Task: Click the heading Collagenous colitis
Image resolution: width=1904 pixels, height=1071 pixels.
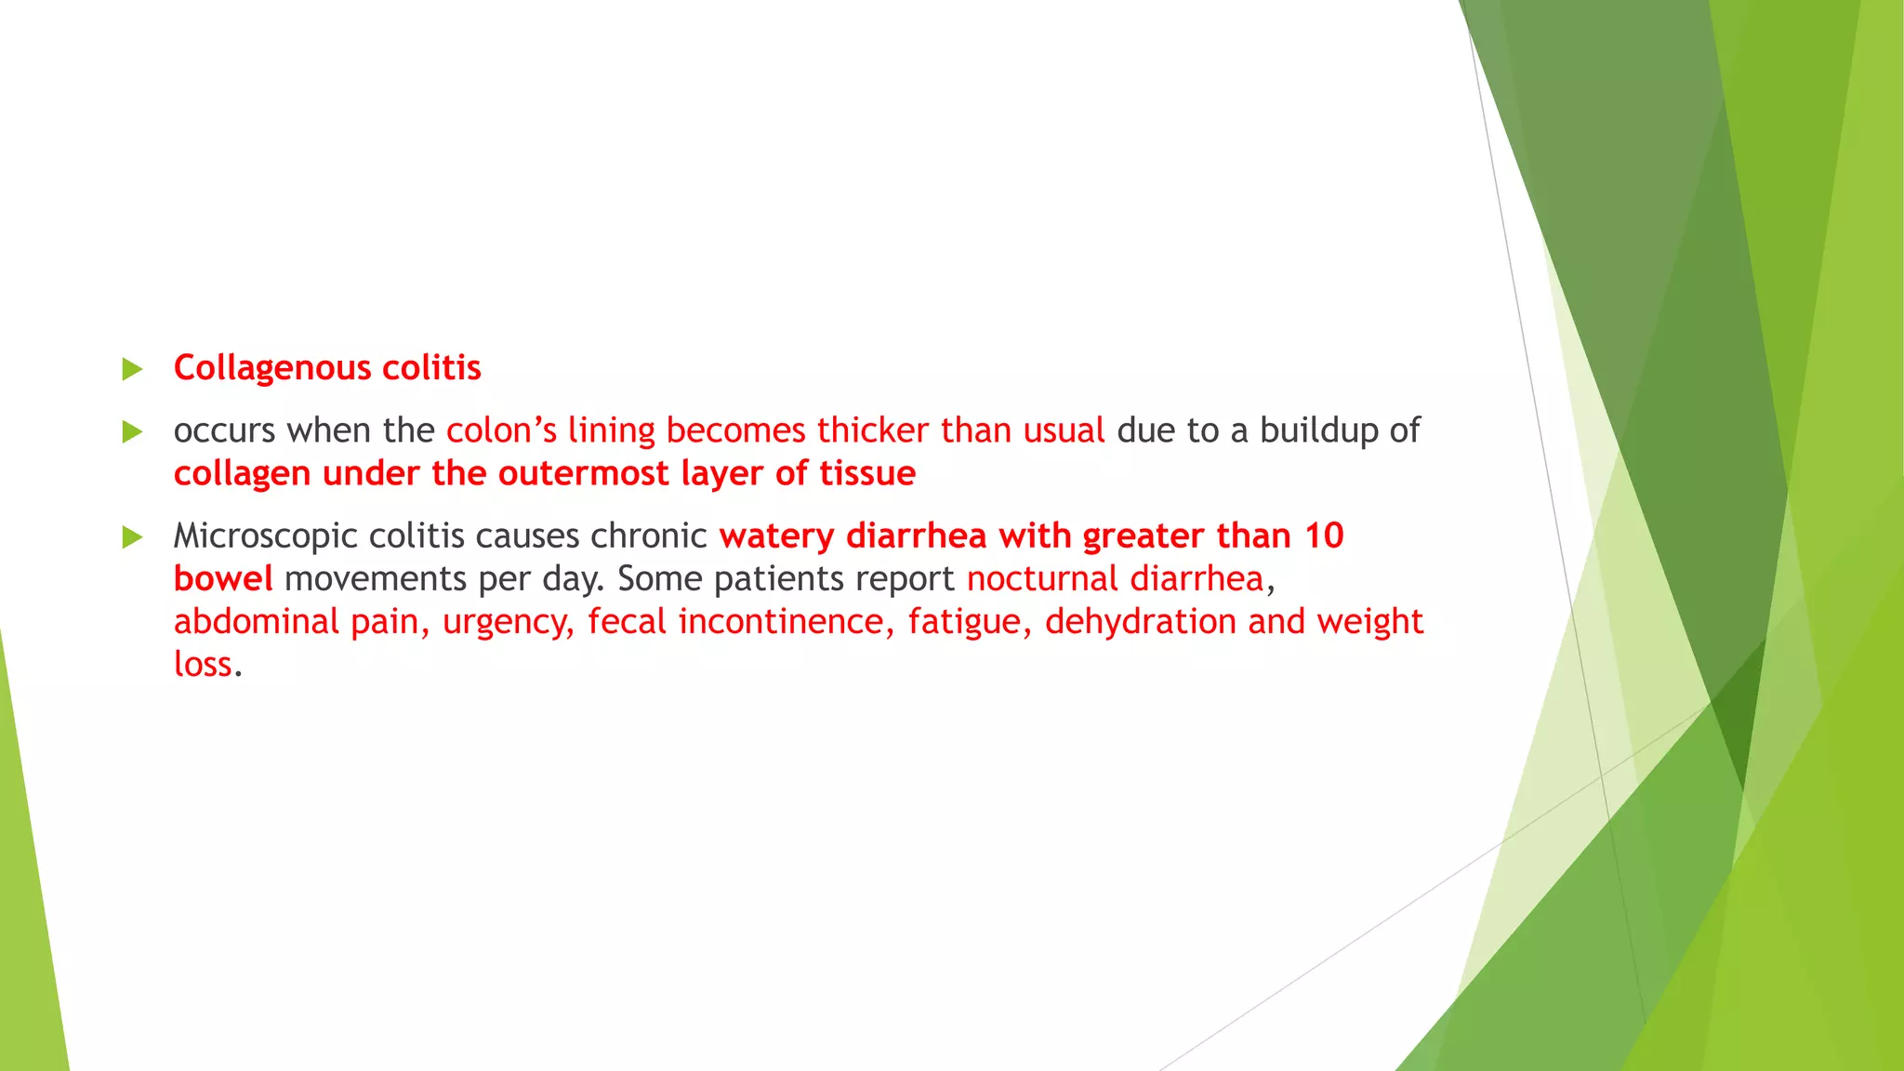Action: (327, 368)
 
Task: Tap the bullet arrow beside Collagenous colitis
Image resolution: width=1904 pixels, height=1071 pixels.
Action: (132, 369)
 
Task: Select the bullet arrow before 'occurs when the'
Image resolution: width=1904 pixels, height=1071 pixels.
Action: (132, 431)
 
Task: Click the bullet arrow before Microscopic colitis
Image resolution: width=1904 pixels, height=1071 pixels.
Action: (132, 536)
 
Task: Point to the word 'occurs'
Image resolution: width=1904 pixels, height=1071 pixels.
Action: (224, 431)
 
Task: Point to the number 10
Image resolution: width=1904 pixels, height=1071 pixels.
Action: (1324, 535)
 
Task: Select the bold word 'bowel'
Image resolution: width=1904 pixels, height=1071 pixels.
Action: (223, 578)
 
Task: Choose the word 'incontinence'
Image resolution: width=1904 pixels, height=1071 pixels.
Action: (779, 622)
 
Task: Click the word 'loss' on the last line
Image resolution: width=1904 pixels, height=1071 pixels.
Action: (203, 664)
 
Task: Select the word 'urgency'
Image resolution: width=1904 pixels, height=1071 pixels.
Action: (507, 622)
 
